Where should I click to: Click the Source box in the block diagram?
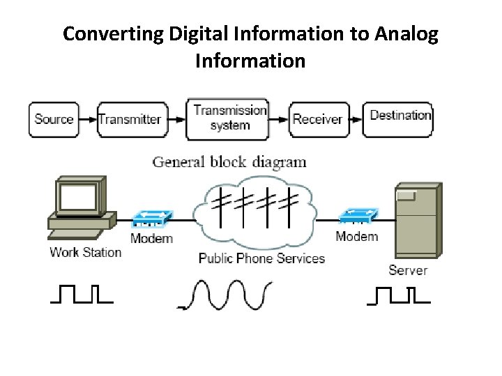coord(54,119)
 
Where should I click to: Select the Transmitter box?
coord(130,119)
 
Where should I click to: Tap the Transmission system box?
coord(229,118)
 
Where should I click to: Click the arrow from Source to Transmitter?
coord(87,119)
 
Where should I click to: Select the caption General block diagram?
coord(229,162)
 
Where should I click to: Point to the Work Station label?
coord(85,252)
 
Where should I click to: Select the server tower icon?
coord(416,220)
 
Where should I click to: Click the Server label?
coord(408,269)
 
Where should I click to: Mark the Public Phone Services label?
coord(261,258)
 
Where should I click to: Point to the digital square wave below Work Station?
coord(82,295)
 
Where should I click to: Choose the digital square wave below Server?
coord(398,295)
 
